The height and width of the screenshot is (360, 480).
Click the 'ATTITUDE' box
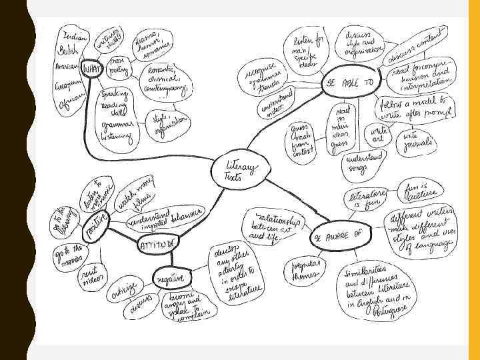(x=158, y=245)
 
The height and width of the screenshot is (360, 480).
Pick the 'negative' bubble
(x=171, y=277)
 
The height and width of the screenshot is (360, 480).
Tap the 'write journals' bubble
(x=418, y=140)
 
